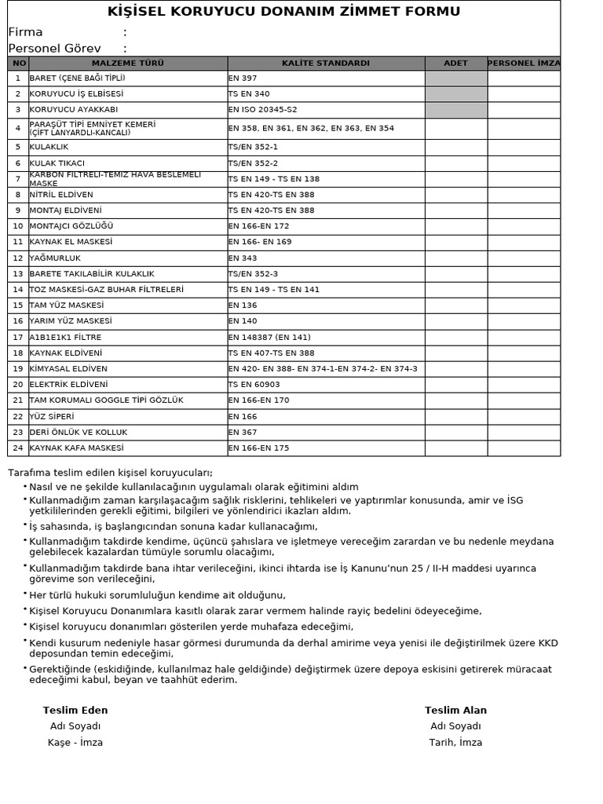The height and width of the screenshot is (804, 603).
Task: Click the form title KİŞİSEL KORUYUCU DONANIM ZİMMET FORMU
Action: pyautogui.click(x=283, y=12)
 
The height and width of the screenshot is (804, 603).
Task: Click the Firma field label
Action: pyautogui.click(x=26, y=32)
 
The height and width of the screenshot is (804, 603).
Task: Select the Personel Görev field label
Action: pyautogui.click(x=54, y=49)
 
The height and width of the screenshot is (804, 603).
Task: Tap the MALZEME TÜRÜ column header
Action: pyautogui.click(x=128, y=63)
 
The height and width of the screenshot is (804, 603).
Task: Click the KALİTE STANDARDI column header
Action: pyautogui.click(x=325, y=63)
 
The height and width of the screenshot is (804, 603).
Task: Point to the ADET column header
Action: pyautogui.click(x=455, y=63)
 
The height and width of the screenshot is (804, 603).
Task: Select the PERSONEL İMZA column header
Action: pyautogui.click(x=524, y=63)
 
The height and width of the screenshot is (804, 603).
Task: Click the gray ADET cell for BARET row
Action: pyautogui.click(x=455, y=79)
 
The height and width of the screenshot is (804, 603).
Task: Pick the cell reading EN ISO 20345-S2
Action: pyautogui.click(x=263, y=109)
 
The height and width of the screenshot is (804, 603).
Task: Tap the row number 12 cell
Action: pyautogui.click(x=18, y=258)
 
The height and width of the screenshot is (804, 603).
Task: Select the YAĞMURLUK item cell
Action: pyautogui.click(x=55, y=258)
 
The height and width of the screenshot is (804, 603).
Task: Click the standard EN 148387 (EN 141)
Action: pyautogui.click(x=269, y=338)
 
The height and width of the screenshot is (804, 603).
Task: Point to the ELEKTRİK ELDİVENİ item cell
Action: pyautogui.click(x=69, y=385)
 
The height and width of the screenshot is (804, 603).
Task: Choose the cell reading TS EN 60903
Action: pyautogui.click(x=254, y=385)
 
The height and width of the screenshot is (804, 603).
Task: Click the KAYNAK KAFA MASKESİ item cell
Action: pyautogui.click(x=77, y=448)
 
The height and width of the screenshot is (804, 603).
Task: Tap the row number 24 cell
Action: pyautogui.click(x=18, y=448)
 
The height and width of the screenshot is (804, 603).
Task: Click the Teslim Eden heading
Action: pyautogui.click(x=75, y=711)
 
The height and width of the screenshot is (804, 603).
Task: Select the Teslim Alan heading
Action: pyautogui.click(x=455, y=711)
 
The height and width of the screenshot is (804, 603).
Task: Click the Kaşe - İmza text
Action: pyautogui.click(x=75, y=743)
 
